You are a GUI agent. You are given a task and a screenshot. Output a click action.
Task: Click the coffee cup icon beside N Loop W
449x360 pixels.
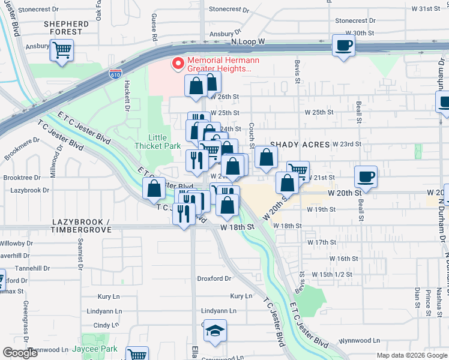(343, 45)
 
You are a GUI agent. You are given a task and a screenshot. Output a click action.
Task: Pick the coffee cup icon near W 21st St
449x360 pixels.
(366, 176)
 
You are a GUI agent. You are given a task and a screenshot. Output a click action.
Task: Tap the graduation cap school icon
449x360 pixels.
(215, 331)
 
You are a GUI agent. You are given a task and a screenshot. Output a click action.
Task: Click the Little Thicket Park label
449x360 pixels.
(157, 142)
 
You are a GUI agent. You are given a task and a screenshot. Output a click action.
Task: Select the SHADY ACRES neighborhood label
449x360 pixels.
(300, 145)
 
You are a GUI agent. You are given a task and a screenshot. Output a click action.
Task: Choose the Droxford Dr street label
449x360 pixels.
(214, 278)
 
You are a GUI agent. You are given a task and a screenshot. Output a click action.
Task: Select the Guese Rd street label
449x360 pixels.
(154, 27)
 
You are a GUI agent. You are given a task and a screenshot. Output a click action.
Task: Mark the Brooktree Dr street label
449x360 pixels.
(22, 178)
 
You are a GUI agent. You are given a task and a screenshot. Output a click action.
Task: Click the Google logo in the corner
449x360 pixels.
(20, 353)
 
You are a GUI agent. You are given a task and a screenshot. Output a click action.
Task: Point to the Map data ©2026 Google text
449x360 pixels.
(411, 355)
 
